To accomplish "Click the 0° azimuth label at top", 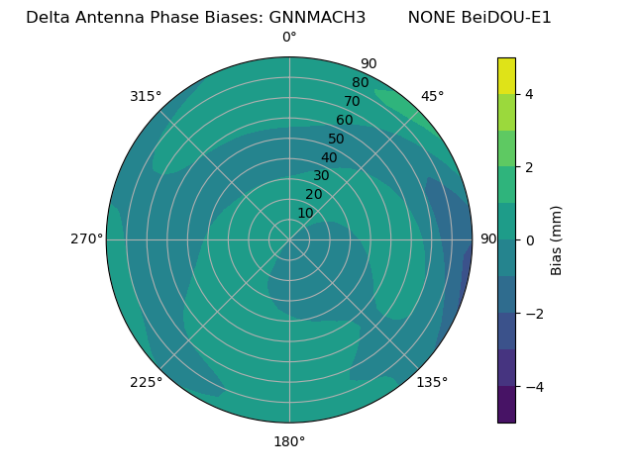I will click(x=289, y=38).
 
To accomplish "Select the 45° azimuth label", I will click(x=433, y=96).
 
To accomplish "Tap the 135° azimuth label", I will click(x=432, y=382).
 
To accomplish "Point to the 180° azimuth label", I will click(x=289, y=441).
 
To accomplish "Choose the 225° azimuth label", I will click(x=146, y=382).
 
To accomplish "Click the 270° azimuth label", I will click(x=86, y=238).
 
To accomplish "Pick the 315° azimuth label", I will click(x=146, y=96).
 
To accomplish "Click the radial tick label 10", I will click(x=305, y=213).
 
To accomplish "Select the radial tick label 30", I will click(x=321, y=176).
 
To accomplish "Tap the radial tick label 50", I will click(x=337, y=140).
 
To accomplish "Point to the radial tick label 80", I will click(x=360, y=83).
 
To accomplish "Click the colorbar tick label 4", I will click(x=530, y=94).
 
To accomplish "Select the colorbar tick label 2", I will click(x=530, y=167).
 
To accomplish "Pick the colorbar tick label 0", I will click(x=530, y=240).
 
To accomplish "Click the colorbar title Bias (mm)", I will click(x=557, y=240).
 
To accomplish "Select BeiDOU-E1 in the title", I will click(x=506, y=18).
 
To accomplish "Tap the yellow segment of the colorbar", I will click(x=506, y=76).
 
